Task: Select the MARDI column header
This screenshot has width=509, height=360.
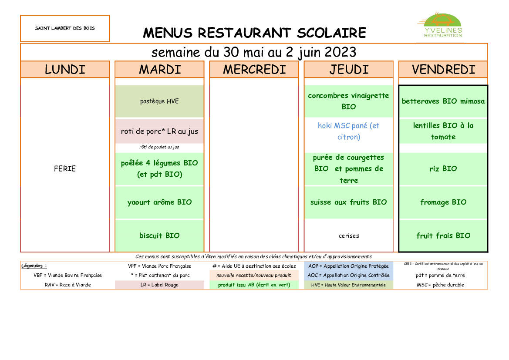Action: [159, 70]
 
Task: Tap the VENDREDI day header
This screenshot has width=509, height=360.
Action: [443, 70]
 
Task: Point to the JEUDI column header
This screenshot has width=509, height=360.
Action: [348, 70]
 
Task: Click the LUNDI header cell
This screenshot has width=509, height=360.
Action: [65, 70]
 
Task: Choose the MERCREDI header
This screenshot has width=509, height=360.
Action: [254, 70]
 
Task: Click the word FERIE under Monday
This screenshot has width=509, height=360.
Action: [65, 169]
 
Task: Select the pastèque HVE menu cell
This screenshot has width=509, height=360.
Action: [159, 101]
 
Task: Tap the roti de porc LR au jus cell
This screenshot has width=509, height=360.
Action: [159, 131]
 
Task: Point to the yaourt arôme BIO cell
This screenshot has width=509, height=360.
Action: [159, 202]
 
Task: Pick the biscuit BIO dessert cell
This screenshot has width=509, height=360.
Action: [159, 236]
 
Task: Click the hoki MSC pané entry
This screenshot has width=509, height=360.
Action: [348, 131]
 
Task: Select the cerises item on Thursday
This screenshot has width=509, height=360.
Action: [348, 236]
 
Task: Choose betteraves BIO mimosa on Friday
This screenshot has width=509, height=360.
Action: [443, 101]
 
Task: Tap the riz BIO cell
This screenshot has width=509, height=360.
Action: [443, 169]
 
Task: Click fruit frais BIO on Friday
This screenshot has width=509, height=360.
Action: [443, 236]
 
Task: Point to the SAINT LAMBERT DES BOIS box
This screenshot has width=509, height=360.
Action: [65, 28]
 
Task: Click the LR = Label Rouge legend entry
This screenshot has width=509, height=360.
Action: [159, 285]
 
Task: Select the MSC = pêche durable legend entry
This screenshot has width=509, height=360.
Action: [440, 285]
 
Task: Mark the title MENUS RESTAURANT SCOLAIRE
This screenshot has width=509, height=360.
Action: [254, 33]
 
